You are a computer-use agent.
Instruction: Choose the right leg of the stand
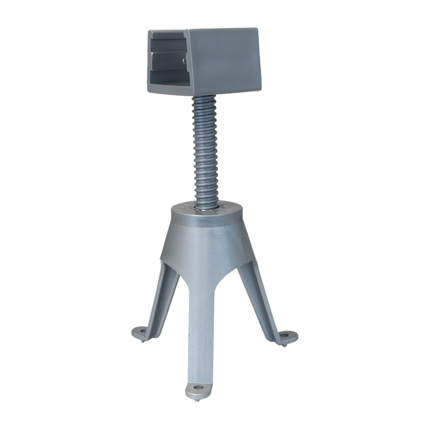tap(260, 296)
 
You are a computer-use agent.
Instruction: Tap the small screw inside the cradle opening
tap(184, 61)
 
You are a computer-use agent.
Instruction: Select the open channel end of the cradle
tap(167, 60)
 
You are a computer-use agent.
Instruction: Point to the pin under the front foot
tap(196, 400)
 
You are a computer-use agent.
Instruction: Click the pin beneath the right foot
tap(285, 345)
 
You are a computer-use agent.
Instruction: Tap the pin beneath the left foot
tap(142, 340)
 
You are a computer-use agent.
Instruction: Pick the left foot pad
tap(141, 331)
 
